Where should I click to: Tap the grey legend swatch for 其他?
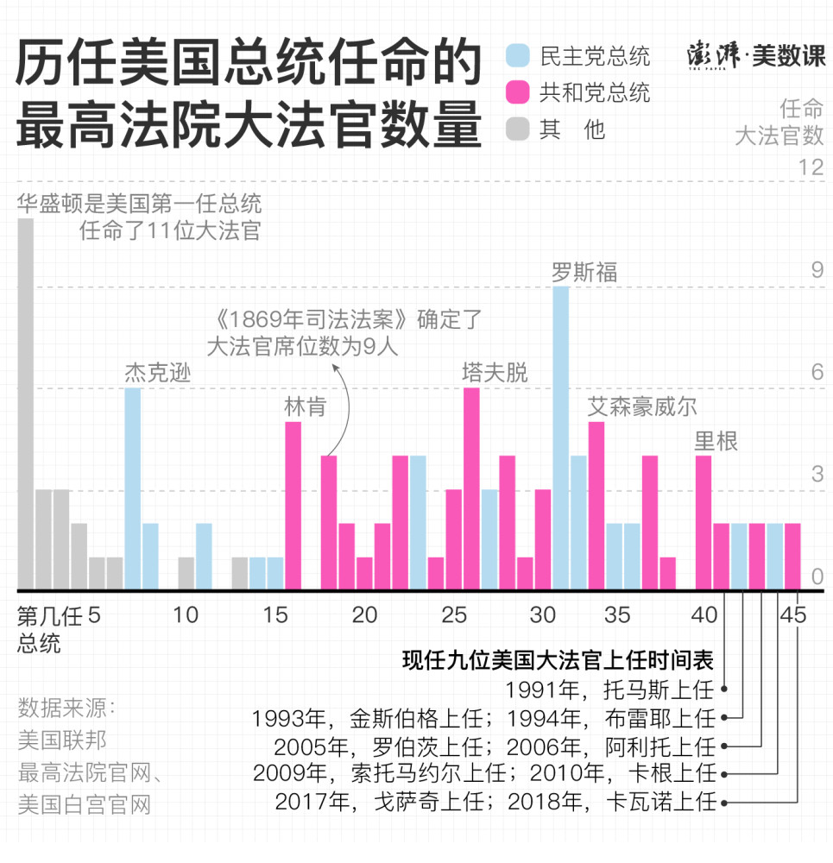pos(518,129)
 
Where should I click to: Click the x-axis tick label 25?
pos(453,615)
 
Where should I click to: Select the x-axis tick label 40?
pos(704,615)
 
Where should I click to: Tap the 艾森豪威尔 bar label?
pos(642,406)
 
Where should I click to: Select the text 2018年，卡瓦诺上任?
pos(612,802)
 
